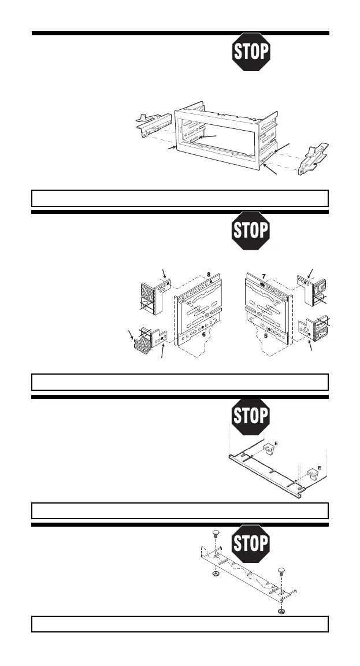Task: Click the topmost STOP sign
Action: click(x=251, y=52)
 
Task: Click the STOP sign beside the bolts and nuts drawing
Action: click(x=251, y=543)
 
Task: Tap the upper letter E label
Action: click(x=283, y=442)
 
